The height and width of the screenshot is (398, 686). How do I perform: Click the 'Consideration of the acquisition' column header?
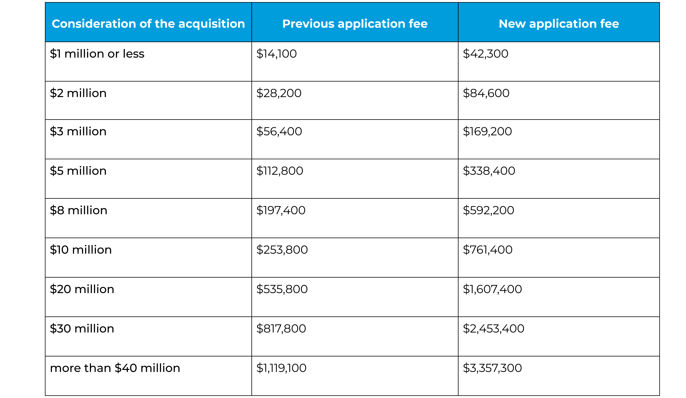148,24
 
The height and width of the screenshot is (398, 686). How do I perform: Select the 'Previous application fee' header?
355,24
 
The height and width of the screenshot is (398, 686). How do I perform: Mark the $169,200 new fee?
487,131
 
